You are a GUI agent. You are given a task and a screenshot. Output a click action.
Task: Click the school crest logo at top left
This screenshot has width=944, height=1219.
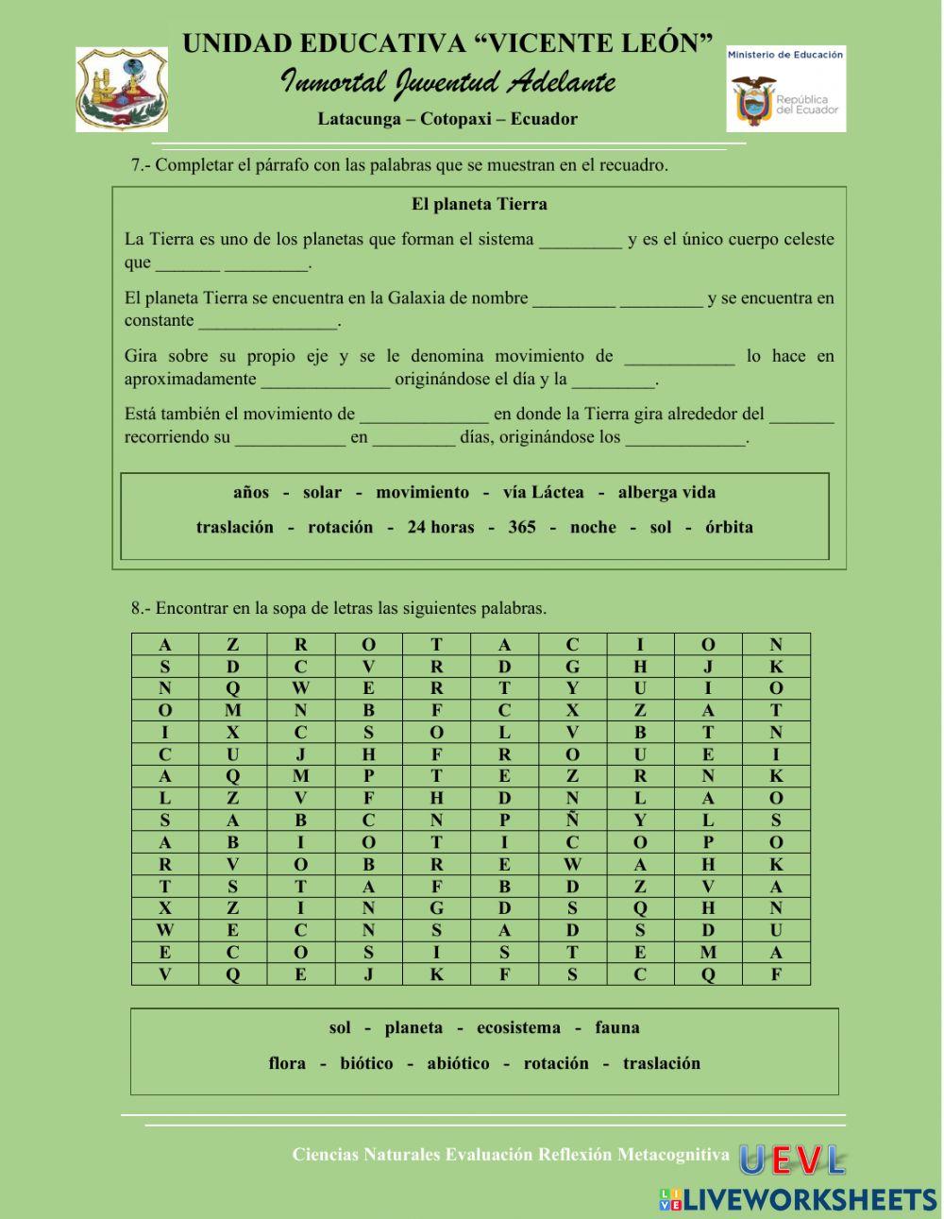click(x=122, y=90)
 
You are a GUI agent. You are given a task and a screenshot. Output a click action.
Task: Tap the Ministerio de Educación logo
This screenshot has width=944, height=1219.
click(x=785, y=90)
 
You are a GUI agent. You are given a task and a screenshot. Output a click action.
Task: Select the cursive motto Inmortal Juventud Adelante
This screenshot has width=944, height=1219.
click(x=447, y=83)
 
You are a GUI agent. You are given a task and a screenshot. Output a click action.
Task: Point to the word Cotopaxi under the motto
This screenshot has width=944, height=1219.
click(x=453, y=119)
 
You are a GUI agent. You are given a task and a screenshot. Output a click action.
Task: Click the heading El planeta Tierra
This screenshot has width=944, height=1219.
click(x=479, y=204)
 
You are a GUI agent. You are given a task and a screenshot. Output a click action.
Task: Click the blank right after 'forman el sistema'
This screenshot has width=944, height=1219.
click(x=580, y=241)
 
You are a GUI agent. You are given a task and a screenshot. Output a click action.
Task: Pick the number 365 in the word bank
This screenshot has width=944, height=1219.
click(x=521, y=527)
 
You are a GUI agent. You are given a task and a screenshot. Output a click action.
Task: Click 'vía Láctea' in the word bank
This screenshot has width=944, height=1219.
click(x=543, y=492)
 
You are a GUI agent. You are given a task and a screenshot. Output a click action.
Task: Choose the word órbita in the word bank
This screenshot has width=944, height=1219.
click(x=729, y=527)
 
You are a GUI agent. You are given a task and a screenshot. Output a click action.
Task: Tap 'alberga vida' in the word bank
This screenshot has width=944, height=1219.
click(x=666, y=492)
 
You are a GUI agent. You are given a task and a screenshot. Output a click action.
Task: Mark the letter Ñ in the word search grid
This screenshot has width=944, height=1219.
click(x=572, y=821)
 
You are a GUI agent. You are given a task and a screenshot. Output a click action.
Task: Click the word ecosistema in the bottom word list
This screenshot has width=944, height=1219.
click(x=518, y=1027)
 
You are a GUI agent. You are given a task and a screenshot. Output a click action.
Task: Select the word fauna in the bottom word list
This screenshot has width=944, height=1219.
click(x=617, y=1027)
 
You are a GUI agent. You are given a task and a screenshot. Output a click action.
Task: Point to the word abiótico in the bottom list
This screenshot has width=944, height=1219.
click(x=458, y=1063)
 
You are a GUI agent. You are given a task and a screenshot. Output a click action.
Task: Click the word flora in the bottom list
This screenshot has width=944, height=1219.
click(x=287, y=1063)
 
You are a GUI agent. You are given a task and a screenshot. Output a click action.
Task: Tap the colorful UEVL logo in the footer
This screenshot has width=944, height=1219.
click(x=791, y=1160)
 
